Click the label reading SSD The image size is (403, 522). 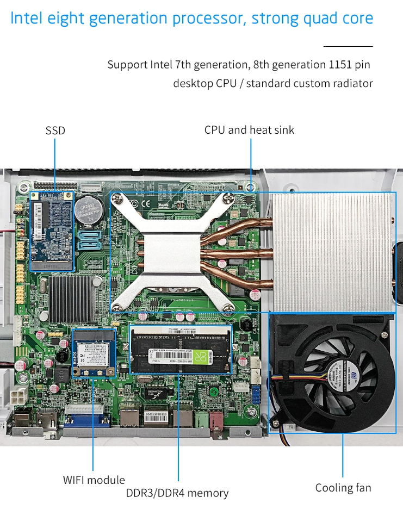point(55,130)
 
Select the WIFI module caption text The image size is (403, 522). point(94,480)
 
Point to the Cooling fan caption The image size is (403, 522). point(343,487)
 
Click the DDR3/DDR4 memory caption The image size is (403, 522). point(177,493)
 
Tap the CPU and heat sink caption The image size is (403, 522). point(249,130)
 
